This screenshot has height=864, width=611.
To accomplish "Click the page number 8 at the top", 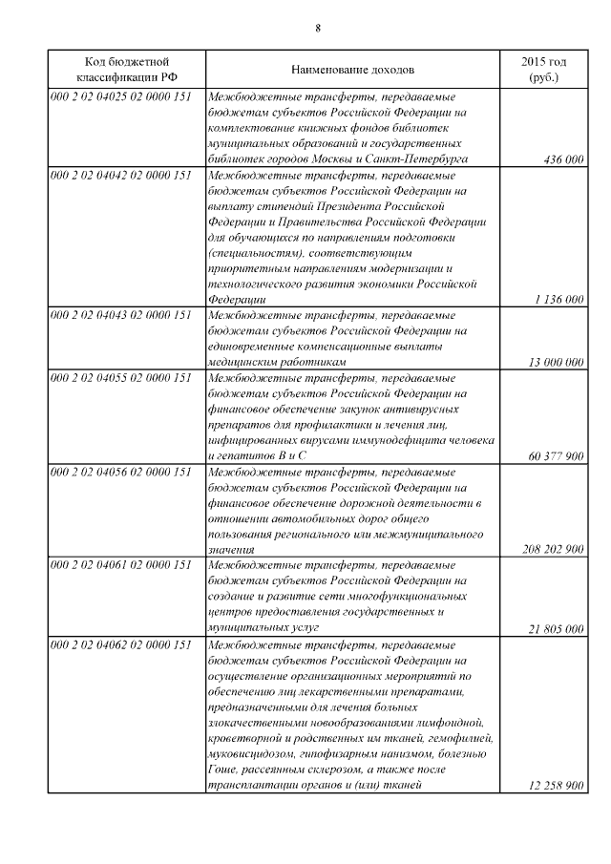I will (x=317, y=27).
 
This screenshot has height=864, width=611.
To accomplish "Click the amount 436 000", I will (x=562, y=160).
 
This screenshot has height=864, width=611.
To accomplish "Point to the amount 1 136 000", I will (x=559, y=300).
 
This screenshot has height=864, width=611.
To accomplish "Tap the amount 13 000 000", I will (x=556, y=363).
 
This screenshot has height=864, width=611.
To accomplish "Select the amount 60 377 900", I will (x=556, y=456).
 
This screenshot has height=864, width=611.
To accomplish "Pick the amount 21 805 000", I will (x=556, y=629).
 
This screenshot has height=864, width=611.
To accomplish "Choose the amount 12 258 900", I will (x=556, y=786).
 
